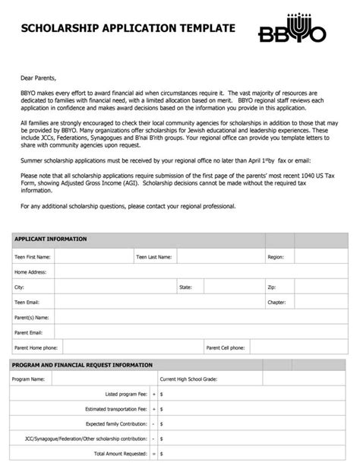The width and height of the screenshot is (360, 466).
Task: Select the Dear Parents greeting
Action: [x=38, y=78]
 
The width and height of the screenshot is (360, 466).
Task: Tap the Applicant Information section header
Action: [x=50, y=239]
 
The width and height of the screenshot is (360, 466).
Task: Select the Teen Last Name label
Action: [x=153, y=257]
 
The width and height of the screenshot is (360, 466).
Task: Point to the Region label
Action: [x=275, y=257]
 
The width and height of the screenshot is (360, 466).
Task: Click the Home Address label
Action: [x=30, y=271]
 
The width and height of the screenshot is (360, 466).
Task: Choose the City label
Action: [x=19, y=287]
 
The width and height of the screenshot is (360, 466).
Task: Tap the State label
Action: [x=185, y=287]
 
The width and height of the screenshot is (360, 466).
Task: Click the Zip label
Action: [x=271, y=287]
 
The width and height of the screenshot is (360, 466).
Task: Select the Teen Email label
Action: [x=27, y=302]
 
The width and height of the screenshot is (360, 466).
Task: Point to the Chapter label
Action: [x=276, y=302]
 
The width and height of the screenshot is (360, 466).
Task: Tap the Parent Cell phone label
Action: [x=226, y=347]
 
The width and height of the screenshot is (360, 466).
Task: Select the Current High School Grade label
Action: [x=188, y=379]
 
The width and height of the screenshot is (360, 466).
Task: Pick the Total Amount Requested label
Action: [x=121, y=453]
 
